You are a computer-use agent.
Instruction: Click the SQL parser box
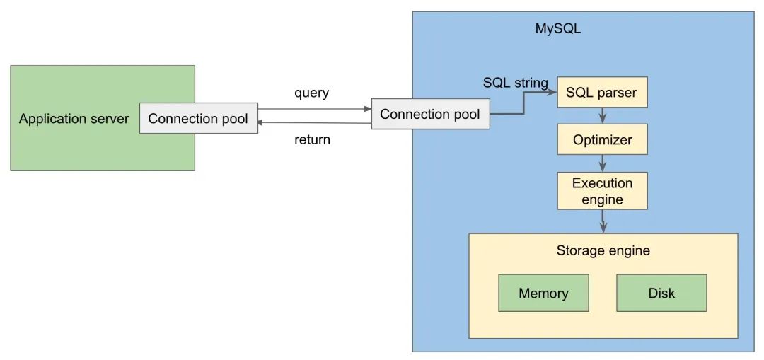click(602, 92)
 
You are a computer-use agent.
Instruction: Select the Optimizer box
click(602, 139)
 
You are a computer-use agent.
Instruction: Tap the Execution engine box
click(602, 191)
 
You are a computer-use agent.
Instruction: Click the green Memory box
click(543, 293)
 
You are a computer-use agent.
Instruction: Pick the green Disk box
click(661, 293)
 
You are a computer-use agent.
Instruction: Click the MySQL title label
click(557, 29)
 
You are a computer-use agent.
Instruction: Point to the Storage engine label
click(603, 250)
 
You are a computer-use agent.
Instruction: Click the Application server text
click(74, 118)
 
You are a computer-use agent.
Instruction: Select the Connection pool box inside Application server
click(198, 118)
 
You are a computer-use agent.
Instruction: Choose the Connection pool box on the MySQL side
click(430, 114)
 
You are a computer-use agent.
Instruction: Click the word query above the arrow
click(312, 93)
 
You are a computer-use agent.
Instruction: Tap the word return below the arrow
click(312, 139)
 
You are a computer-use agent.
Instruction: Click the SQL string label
click(515, 83)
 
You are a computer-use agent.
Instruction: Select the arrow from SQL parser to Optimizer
click(602, 115)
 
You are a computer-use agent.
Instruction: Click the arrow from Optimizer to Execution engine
click(602, 163)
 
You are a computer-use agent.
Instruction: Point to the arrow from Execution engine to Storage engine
click(603, 221)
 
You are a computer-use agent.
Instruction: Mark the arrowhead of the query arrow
click(367, 109)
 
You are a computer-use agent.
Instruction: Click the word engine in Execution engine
click(602, 199)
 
